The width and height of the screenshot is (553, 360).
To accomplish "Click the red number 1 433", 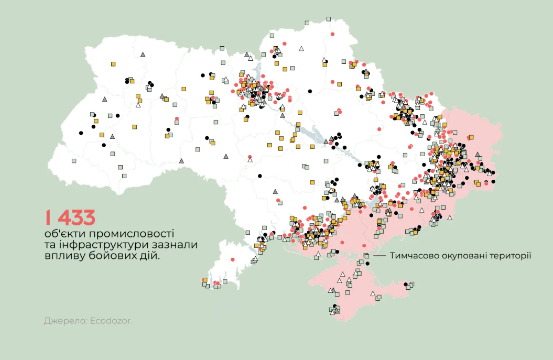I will point(70,217).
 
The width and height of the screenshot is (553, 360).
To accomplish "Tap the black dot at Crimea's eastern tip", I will point(406,285).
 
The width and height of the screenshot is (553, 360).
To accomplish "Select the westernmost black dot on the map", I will point(81,133).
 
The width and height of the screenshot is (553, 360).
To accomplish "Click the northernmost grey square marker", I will point(328,19).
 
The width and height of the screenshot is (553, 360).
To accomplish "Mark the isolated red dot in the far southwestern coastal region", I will point(232,259).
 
